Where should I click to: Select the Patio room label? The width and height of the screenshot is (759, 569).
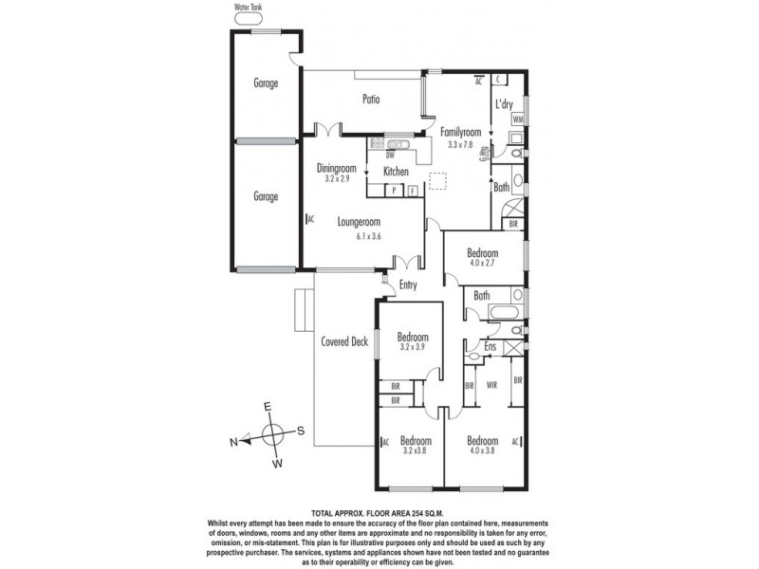pyautogui.click(x=372, y=98)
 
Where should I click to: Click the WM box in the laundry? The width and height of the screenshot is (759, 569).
pyautogui.click(x=517, y=120)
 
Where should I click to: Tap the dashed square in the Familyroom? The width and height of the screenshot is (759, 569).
pyautogui.click(x=437, y=181)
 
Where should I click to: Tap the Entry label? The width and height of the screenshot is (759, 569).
pyautogui.click(x=409, y=284)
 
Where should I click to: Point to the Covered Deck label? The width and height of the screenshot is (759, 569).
pyautogui.click(x=343, y=341)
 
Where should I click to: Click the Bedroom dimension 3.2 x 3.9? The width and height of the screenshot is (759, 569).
pyautogui.click(x=413, y=348)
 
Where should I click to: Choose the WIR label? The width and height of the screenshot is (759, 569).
pyautogui.click(x=492, y=386)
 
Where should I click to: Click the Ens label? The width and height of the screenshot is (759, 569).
pyautogui.click(x=491, y=348)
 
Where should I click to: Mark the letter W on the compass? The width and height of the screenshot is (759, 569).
pyautogui.click(x=279, y=465)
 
